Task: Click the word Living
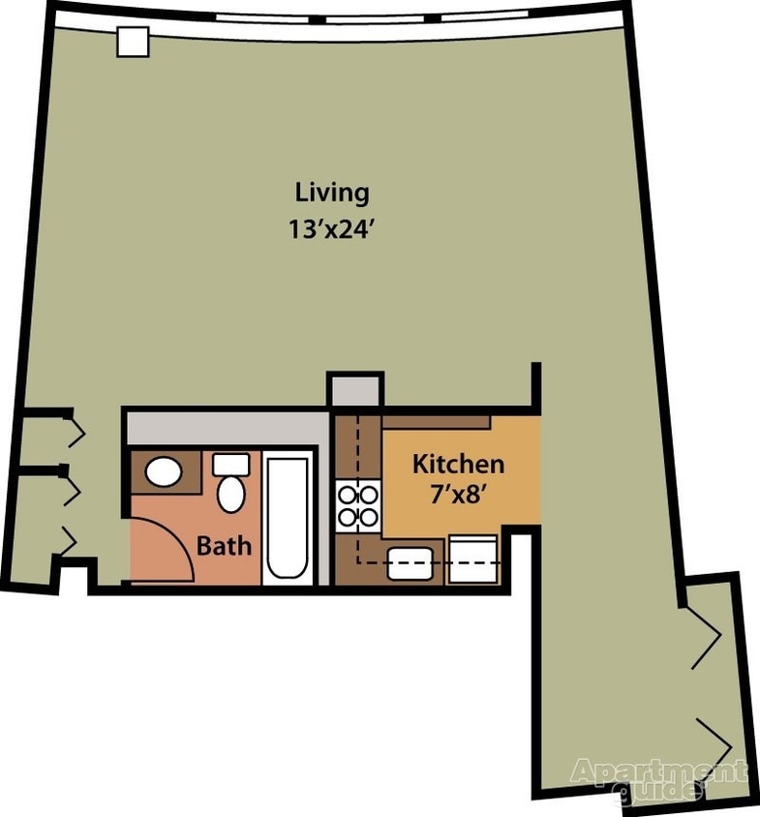click(x=332, y=192)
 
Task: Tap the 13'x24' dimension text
click(x=332, y=231)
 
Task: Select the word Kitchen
click(x=458, y=464)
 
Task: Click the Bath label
click(x=224, y=546)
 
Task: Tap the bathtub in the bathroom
click(x=288, y=520)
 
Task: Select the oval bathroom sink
click(x=163, y=472)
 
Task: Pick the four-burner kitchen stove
click(x=357, y=506)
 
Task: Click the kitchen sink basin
click(x=409, y=563)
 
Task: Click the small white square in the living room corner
click(x=132, y=42)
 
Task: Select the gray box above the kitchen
click(x=355, y=390)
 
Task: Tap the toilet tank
click(x=230, y=464)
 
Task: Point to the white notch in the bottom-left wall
click(x=74, y=578)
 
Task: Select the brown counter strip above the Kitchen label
click(x=436, y=422)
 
